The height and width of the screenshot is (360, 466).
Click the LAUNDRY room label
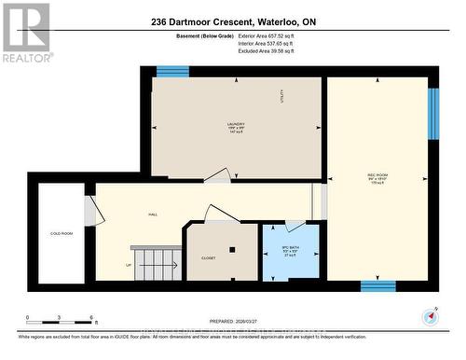click(x=235, y=125)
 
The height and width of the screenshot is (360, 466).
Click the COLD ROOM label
click(x=62, y=233)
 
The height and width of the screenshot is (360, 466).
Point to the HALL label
click(x=152, y=215)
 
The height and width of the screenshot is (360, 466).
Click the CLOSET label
click(x=209, y=258)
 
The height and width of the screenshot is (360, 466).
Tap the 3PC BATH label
click(x=291, y=246)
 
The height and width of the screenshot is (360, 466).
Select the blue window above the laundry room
click(x=172, y=72)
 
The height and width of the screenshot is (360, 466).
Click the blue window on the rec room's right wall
click(x=432, y=114)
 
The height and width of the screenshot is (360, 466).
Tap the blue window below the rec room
click(x=377, y=285)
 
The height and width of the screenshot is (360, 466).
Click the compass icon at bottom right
click(x=432, y=315)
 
